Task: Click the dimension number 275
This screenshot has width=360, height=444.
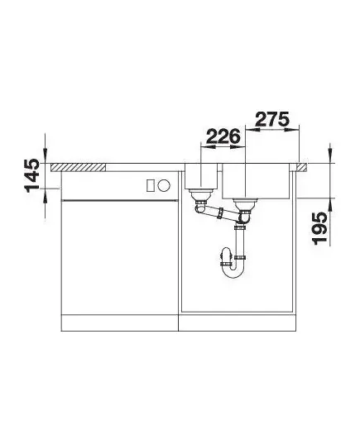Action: (272, 119)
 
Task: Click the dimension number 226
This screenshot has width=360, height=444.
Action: (223, 136)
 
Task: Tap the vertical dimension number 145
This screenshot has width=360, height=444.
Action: (32, 175)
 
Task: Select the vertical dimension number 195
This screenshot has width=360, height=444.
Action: (319, 228)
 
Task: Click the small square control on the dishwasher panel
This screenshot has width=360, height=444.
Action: (151, 185)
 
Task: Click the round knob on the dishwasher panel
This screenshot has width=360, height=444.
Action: (164, 185)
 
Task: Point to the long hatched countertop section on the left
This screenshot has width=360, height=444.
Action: (78, 167)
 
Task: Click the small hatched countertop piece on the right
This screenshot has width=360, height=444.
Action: (302, 167)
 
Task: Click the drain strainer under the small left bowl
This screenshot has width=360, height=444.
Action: (201, 193)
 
